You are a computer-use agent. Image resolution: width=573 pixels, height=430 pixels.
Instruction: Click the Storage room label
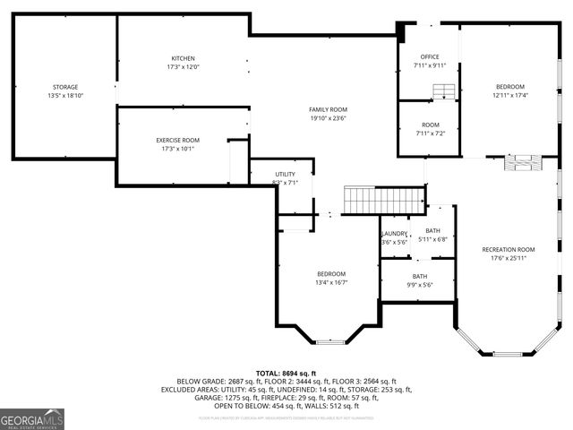pyautogui.click(x=64, y=86)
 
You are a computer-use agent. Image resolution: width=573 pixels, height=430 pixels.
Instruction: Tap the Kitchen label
pyautogui.click(x=183, y=58)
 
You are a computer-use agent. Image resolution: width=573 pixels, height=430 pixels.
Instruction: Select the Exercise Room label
pyautogui.click(x=177, y=140)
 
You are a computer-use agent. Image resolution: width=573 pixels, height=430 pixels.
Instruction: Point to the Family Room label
pyautogui.click(x=328, y=109)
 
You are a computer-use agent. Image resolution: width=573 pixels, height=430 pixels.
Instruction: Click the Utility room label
pyautogui.click(x=285, y=174)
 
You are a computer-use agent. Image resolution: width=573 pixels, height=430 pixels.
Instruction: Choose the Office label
pyautogui.click(x=430, y=56)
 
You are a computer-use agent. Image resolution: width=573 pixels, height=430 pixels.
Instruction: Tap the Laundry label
pyautogui.click(x=395, y=234)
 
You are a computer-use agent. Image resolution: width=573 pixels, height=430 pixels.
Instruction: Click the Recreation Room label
pyautogui.click(x=508, y=249)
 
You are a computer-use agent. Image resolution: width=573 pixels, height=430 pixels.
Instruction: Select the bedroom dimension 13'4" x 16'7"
pyautogui.click(x=330, y=283)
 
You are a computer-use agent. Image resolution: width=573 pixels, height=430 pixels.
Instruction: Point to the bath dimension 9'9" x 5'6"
pyautogui.click(x=421, y=285)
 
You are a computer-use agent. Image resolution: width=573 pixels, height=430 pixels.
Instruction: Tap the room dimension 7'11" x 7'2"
pyautogui.click(x=430, y=133)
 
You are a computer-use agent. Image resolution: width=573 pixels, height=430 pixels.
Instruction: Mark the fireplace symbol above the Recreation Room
pyautogui.click(x=522, y=162)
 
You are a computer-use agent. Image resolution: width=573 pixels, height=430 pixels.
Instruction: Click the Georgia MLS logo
pyautogui.click(x=32, y=418)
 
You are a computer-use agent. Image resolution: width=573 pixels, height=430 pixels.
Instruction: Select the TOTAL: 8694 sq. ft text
pyautogui.click(x=286, y=373)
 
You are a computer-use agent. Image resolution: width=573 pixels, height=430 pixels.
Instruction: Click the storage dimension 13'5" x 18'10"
pyautogui.click(x=64, y=95)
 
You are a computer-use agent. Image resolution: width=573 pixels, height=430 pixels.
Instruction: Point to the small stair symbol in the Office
pyautogui.click(x=443, y=90)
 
